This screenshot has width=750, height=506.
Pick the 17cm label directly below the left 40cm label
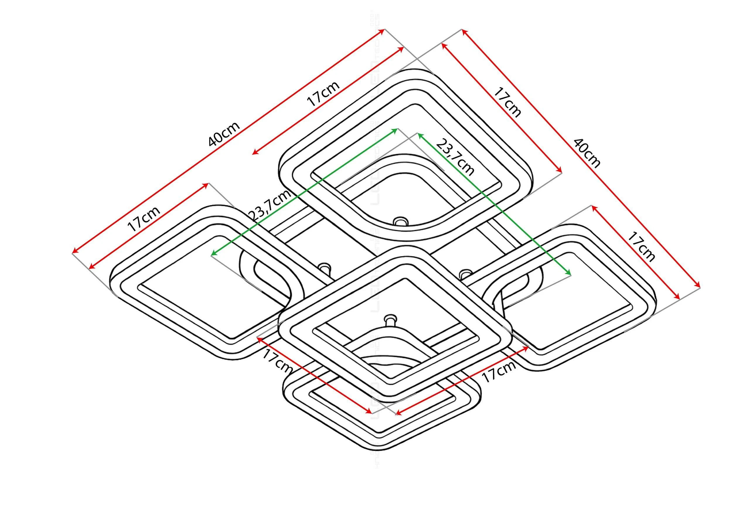[x=323, y=93]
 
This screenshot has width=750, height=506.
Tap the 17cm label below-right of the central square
[x=499, y=371]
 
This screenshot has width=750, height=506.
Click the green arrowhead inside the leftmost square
[x=213, y=254]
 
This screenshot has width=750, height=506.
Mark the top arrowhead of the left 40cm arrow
[x=383, y=31]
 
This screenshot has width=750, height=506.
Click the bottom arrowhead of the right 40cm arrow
[x=698, y=286]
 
